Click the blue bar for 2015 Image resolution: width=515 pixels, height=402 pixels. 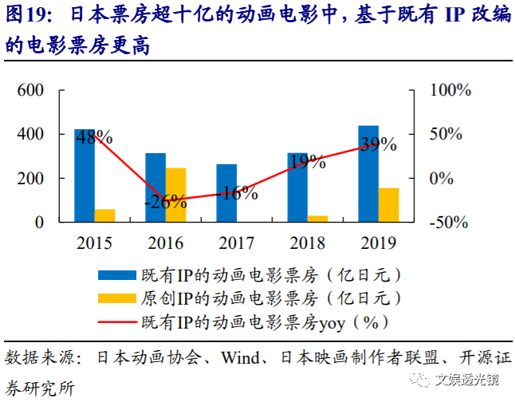[x=85, y=175]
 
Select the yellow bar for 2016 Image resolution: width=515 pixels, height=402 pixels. [x=175, y=195]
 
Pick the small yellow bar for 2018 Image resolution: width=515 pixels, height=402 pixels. [x=317, y=218]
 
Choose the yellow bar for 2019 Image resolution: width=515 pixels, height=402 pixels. [x=388, y=205]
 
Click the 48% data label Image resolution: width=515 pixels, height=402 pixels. [x=94, y=138]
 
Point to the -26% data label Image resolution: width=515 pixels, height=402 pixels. [x=166, y=202]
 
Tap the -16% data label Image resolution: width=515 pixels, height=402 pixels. [x=236, y=192]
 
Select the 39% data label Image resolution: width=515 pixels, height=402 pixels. [x=377, y=144]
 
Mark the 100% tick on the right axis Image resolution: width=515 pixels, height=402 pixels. [x=450, y=90]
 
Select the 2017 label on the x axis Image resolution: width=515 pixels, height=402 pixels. [x=236, y=242]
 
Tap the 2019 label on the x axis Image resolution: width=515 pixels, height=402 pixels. [x=378, y=242]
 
